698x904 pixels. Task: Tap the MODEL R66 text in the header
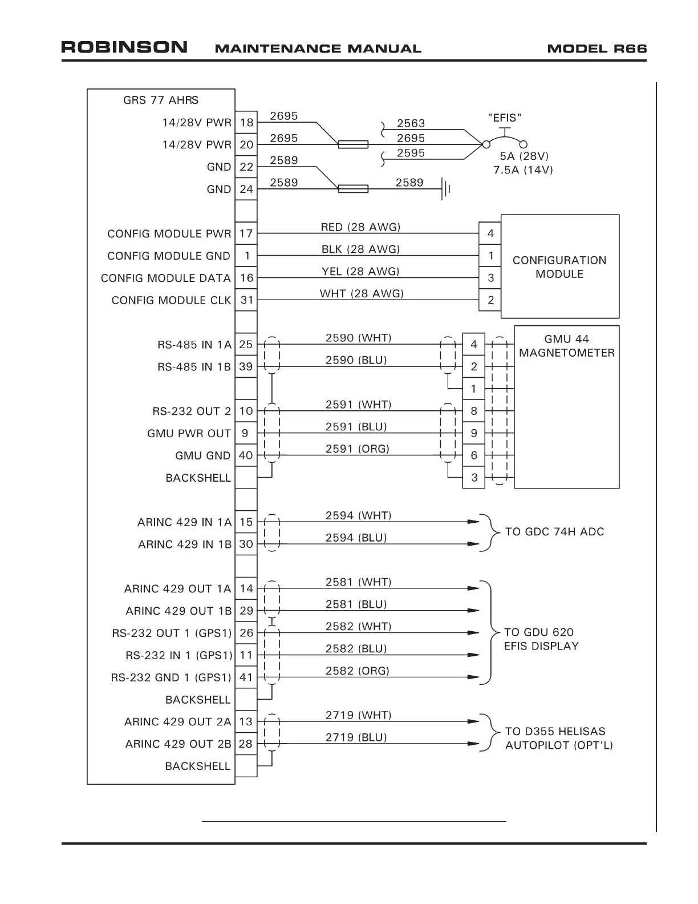click(x=596, y=49)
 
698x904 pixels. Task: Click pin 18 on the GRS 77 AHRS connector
click(x=246, y=122)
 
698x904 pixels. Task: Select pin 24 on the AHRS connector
click(x=246, y=189)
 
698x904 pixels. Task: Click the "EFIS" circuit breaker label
click(x=505, y=118)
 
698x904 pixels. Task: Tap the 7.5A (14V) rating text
click(x=523, y=170)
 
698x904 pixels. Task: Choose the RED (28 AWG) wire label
click(x=360, y=227)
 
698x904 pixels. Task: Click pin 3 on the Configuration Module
click(x=490, y=278)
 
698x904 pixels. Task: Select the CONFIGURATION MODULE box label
click(x=559, y=267)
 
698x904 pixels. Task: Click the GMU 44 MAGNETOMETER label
click(x=566, y=346)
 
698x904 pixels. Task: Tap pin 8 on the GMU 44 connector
click(x=473, y=411)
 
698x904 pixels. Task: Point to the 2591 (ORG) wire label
click(x=357, y=449)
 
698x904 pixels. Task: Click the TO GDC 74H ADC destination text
click(x=554, y=532)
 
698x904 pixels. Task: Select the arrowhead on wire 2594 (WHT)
click(x=473, y=522)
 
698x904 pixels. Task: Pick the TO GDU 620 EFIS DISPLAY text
click(x=541, y=639)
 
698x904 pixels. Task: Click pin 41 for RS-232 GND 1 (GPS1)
click(x=246, y=677)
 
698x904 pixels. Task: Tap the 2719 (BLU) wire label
click(x=356, y=737)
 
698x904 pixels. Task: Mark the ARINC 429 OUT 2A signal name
click(x=178, y=722)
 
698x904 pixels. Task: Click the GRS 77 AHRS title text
click(x=161, y=100)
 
